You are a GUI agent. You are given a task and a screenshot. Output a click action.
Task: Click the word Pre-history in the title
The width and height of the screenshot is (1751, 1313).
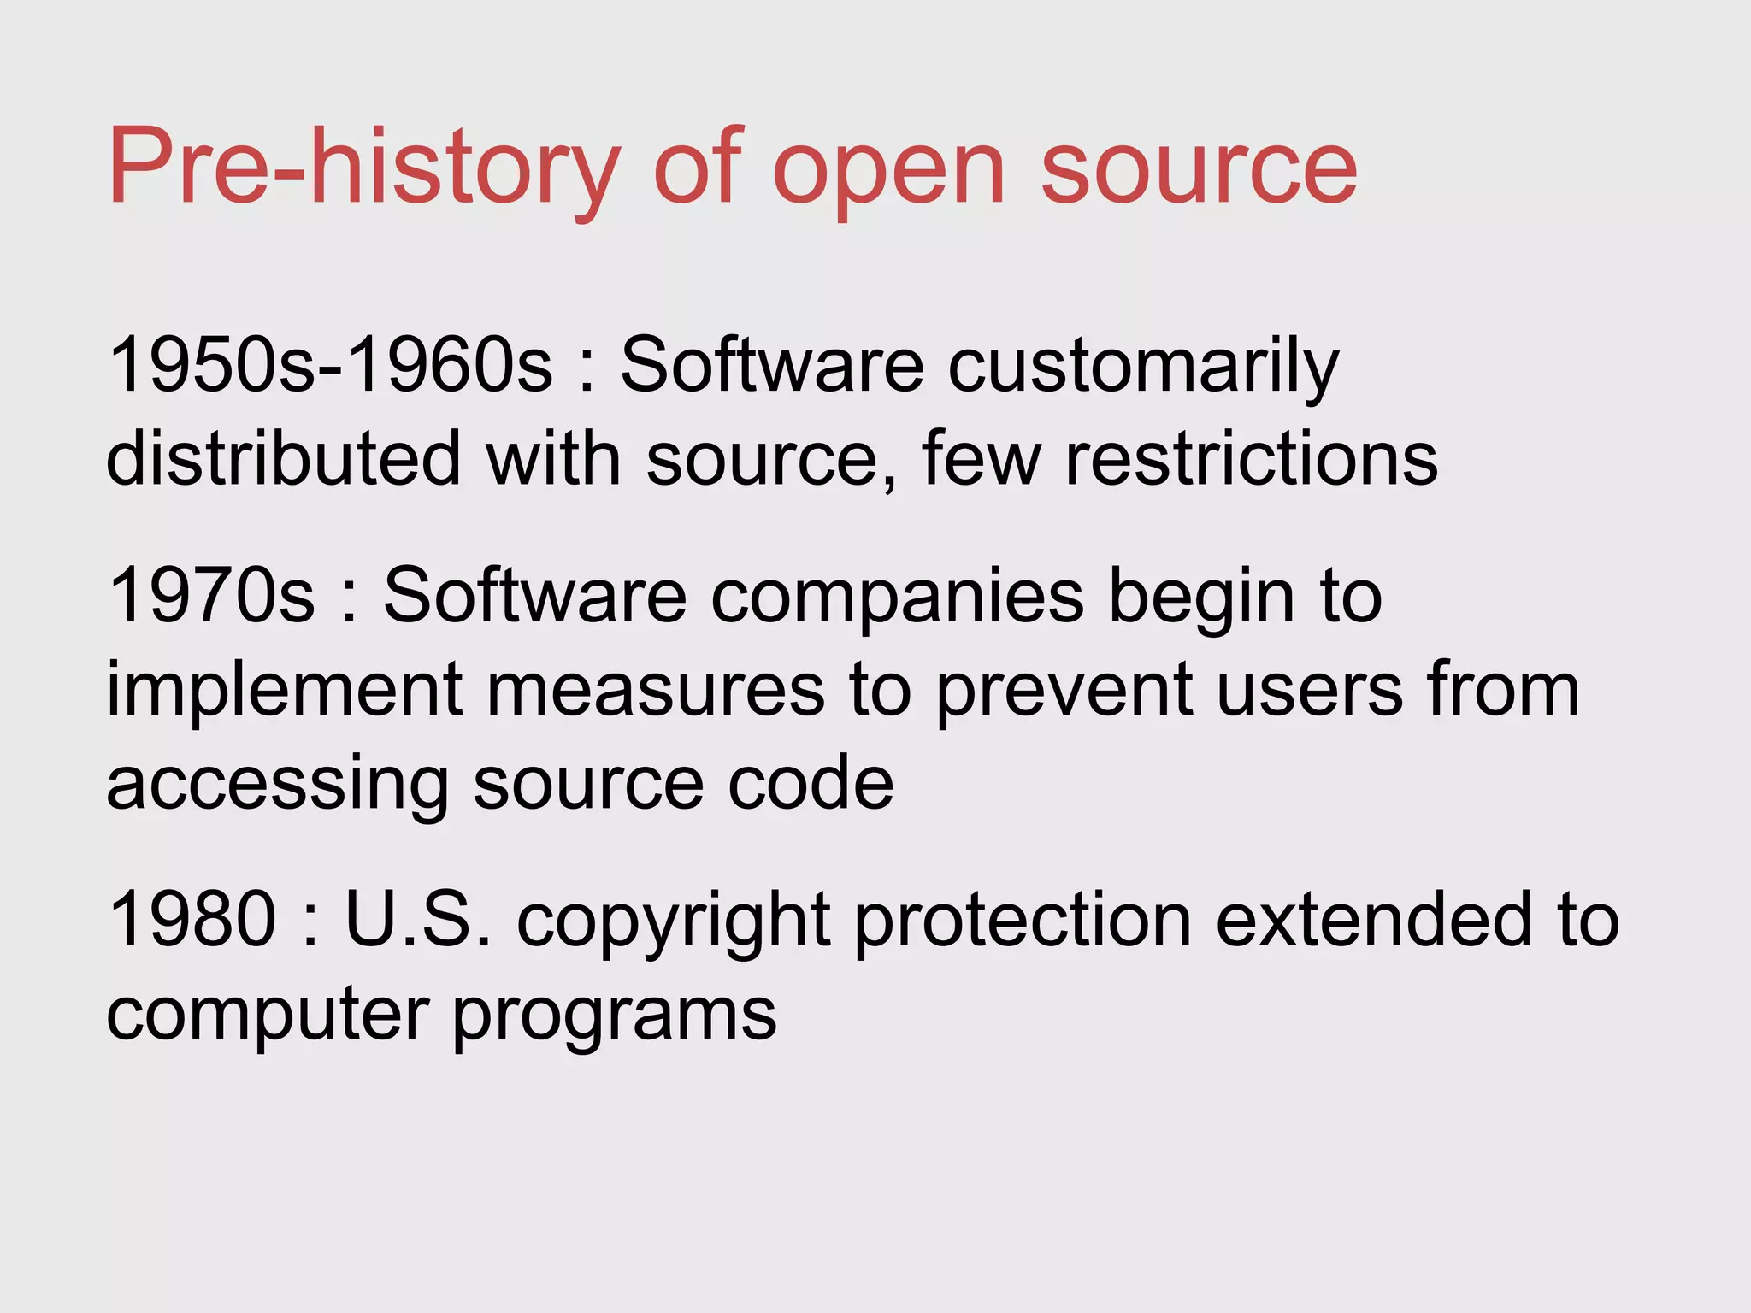[363, 167]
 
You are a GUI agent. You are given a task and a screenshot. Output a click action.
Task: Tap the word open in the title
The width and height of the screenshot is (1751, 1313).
[889, 171]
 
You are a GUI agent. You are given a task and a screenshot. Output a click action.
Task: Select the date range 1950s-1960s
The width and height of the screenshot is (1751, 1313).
[330, 365]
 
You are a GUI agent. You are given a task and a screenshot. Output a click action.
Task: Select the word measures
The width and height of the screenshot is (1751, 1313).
[655, 691]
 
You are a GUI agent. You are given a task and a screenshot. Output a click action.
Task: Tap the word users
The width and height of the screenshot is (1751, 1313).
[1309, 691]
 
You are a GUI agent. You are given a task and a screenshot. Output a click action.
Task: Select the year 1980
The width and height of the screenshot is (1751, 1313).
[193, 920]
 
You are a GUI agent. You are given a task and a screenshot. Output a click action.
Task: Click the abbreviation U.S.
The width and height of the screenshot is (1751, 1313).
[418, 920]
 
